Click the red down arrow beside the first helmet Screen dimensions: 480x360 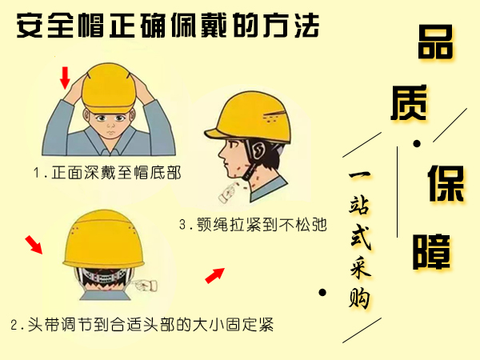tap(65, 78)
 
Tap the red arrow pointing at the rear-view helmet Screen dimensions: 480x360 tap(34, 245)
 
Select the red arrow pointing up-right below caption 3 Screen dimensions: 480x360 tap(215, 275)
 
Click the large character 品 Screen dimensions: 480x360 tap(435, 42)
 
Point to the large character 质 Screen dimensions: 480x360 tap(409, 102)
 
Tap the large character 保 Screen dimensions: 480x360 tap(446, 184)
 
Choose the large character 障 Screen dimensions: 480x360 tap(431, 252)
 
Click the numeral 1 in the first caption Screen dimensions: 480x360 tap(37, 173)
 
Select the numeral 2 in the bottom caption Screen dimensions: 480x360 tap(14, 325)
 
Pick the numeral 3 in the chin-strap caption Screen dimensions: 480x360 tap(182, 225)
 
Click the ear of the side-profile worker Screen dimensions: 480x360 tap(259, 151)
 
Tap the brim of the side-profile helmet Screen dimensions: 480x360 tap(214, 134)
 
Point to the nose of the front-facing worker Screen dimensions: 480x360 tap(110, 125)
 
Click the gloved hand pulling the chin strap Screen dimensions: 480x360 tap(228, 192)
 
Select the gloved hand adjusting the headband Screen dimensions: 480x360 tap(146, 286)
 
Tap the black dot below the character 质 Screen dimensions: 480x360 tap(417, 143)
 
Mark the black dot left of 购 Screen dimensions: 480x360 tap(322, 293)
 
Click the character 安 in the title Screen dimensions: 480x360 tap(30, 26)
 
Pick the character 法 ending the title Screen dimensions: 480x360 tap(307, 26)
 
